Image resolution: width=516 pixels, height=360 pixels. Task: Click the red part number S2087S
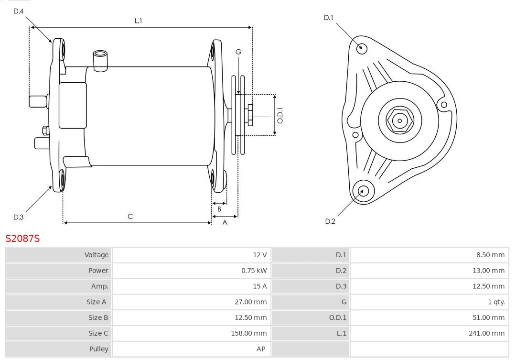click(22, 238)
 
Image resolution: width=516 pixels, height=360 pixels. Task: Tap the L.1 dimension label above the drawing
click(138, 21)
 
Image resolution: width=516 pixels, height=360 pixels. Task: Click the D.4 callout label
click(18, 11)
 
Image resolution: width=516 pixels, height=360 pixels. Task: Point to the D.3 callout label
click(18, 217)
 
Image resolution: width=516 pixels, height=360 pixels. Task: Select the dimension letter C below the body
click(130, 217)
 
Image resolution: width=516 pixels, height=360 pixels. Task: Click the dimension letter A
click(225, 222)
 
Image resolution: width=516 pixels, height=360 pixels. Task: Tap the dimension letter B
click(219, 209)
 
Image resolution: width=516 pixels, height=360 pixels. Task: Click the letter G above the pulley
click(238, 52)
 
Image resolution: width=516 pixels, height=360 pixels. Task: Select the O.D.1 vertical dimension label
click(280, 115)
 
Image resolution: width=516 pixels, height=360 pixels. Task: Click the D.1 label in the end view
click(328, 18)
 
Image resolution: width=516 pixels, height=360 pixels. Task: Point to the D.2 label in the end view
click(330, 221)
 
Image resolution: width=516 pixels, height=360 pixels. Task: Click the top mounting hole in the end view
click(362, 48)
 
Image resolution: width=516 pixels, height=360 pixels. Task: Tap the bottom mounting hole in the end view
click(362, 191)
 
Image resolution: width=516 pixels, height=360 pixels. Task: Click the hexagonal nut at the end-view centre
click(399, 120)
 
